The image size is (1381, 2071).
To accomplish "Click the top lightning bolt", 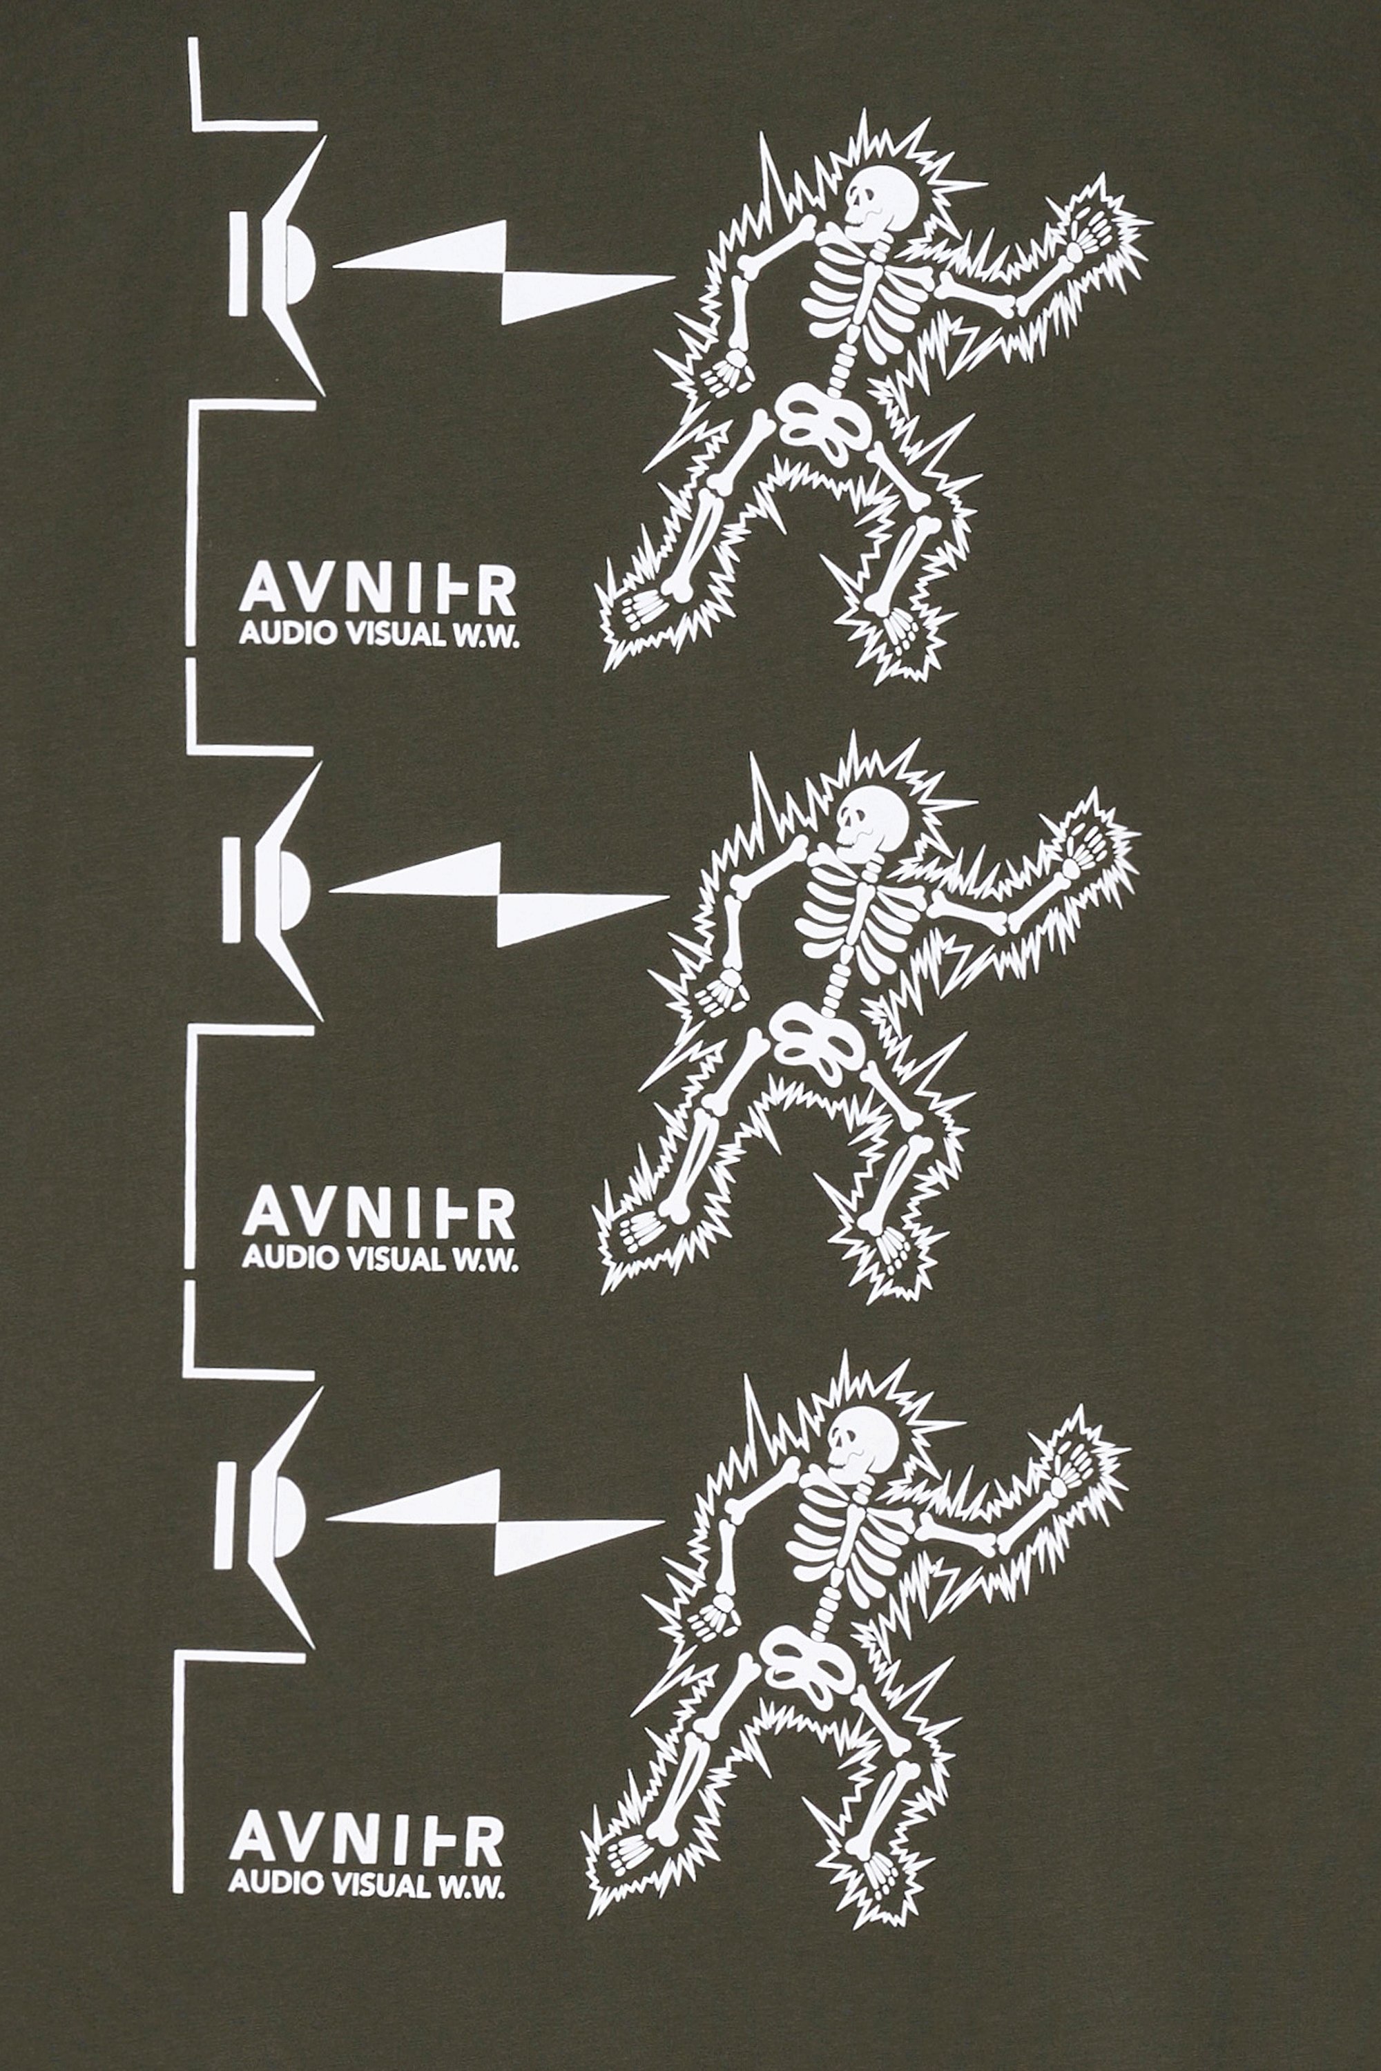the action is point(504,271).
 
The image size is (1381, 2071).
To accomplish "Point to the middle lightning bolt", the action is point(499,894).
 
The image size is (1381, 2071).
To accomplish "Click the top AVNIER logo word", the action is point(378,594).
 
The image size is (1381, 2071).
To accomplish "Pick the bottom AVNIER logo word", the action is point(367,1841).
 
